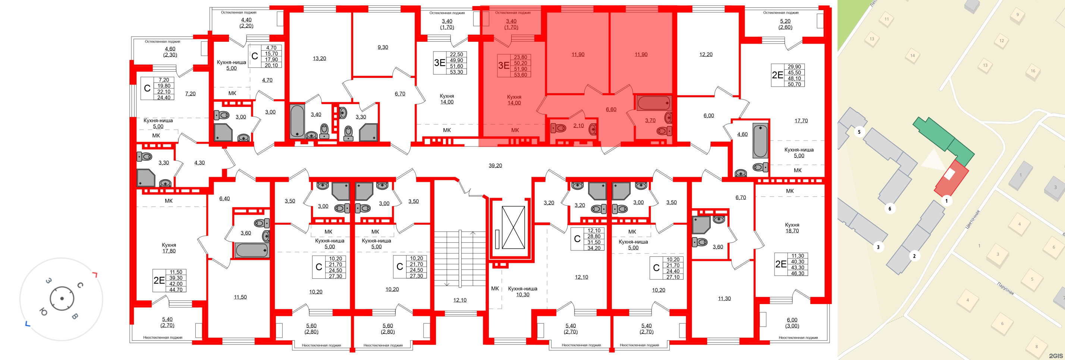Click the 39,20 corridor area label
coord(495,165)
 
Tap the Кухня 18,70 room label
coord(792,228)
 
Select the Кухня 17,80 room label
coord(169,247)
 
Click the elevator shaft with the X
coord(513,227)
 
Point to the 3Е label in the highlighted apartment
coord(503,65)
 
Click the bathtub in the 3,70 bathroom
coord(653,103)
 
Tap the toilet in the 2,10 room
coord(559,128)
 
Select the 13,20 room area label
coord(319,58)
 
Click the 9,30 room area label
coord(383,47)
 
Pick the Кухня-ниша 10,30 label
coord(522,291)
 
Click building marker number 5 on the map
coord(859,132)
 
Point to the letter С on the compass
coord(80,285)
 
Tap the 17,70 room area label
coord(801,121)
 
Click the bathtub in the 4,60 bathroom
coord(760,141)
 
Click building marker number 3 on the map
coord(878,247)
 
